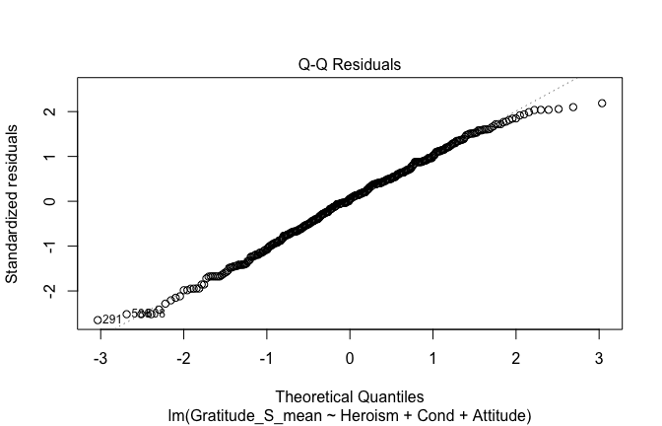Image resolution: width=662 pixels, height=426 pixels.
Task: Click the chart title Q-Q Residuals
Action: (x=350, y=65)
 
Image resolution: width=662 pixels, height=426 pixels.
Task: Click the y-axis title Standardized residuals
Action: (x=13, y=204)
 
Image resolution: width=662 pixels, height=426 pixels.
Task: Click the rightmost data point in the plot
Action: (x=602, y=104)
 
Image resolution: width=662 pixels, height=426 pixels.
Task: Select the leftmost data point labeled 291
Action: (x=98, y=319)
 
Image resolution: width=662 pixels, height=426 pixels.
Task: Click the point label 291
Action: (x=112, y=319)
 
